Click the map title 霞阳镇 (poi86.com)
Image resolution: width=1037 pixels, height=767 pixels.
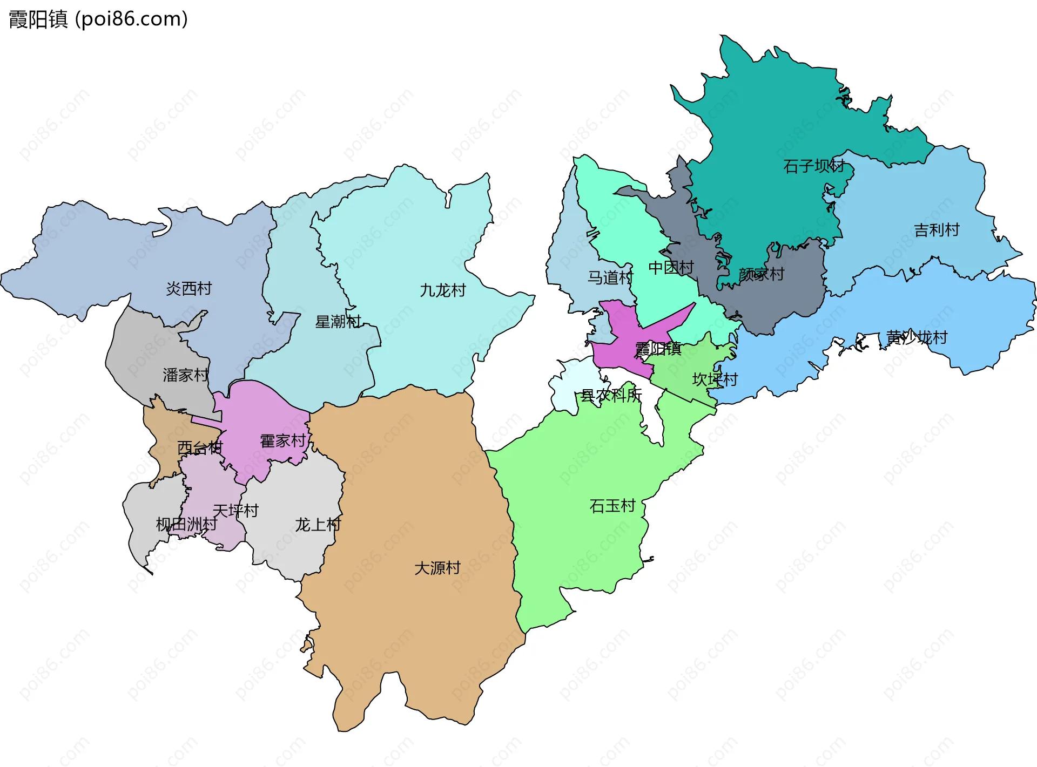click(98, 19)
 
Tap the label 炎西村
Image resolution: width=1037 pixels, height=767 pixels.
click(188, 289)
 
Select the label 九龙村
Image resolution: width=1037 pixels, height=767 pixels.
click(442, 290)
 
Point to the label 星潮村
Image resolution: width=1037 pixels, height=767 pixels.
click(338, 322)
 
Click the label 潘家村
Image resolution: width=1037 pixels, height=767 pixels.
click(185, 375)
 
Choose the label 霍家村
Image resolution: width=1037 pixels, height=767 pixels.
click(283, 441)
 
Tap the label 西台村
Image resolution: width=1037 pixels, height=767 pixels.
click(199, 447)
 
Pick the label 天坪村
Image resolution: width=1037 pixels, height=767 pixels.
click(235, 511)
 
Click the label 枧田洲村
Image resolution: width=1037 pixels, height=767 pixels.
click(186, 524)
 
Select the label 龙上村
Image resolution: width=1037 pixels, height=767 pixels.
click(318, 525)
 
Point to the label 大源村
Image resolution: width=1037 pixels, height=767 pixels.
click(437, 568)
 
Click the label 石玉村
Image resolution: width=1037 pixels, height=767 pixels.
click(612, 506)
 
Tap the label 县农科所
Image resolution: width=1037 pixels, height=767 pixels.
click(611, 395)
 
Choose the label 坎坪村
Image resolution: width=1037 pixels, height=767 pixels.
click(715, 379)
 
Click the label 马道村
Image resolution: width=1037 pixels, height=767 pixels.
click(610, 277)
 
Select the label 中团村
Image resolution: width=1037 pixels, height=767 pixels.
click(671, 267)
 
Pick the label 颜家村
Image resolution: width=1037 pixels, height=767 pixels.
click(761, 274)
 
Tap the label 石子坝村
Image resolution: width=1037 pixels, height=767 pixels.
click(814, 166)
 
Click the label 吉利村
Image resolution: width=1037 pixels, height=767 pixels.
click(937, 230)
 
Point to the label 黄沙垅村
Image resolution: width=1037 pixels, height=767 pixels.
click(917, 337)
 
